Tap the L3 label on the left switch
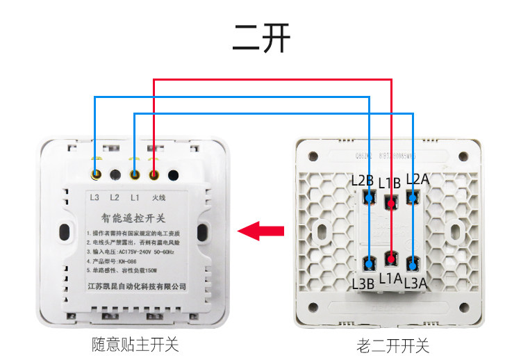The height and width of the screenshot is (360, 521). point(95,197)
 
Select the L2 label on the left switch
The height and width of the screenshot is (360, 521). point(115,197)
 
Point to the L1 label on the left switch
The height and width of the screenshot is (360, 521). point(135,197)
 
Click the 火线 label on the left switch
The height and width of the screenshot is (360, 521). point(159,197)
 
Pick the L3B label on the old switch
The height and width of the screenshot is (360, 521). point(363,283)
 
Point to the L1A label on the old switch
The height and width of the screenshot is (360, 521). point(390,279)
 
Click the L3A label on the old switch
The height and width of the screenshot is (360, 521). point(415,283)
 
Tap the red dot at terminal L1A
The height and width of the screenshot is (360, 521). point(391,260)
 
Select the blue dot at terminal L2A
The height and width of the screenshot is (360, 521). point(413,199)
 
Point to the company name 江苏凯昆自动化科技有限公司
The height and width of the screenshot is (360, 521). point(137,286)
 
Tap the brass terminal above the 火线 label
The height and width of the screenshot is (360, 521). point(154,175)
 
